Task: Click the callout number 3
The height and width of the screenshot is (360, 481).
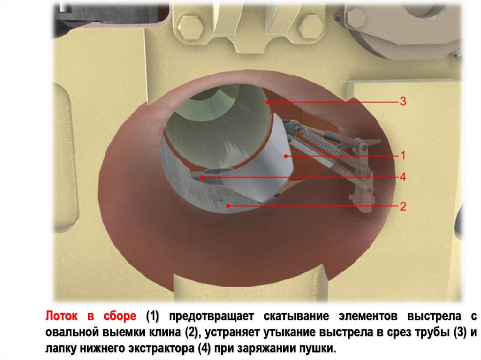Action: click(x=403, y=101)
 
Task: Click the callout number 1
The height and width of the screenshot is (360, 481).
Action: click(x=403, y=155)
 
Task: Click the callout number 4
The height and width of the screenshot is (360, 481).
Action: click(x=403, y=177)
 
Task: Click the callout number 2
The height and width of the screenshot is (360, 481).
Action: click(x=403, y=206)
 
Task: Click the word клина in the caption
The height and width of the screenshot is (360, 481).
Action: click(x=164, y=332)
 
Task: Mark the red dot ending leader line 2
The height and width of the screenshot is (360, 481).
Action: click(x=229, y=206)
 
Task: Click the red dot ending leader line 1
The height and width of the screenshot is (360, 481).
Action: click(x=285, y=155)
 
